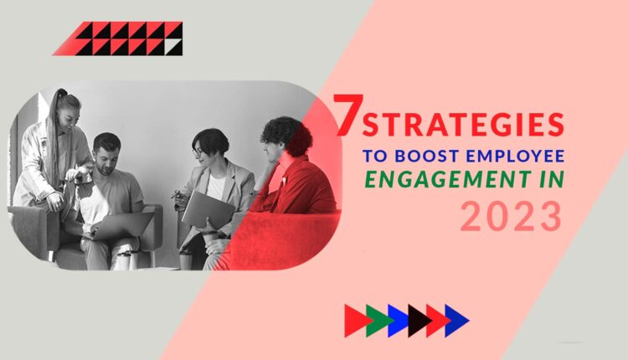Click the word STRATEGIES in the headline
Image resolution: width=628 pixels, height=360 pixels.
click(462, 126)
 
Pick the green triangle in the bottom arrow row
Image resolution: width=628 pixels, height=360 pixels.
click(378, 321)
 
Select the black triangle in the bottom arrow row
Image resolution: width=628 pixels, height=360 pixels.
click(418, 321)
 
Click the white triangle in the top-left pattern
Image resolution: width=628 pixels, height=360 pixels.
click(173, 48)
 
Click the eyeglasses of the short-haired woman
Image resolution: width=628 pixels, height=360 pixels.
click(199, 152)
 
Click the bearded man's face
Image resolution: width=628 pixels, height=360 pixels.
click(107, 153)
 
